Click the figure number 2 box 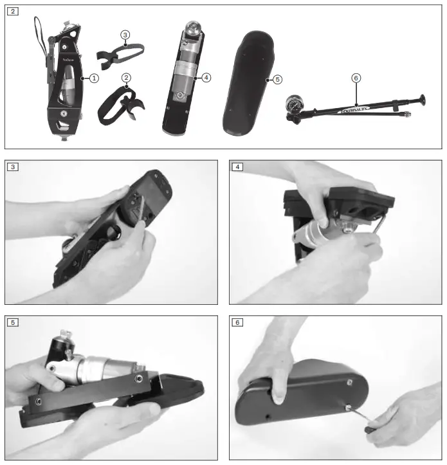tap(14, 12)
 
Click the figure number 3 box tap(14, 167)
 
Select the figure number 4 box tap(237, 167)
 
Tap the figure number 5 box tap(14, 322)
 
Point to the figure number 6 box tap(237, 322)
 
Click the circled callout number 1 tap(94, 78)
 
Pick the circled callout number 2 tap(126, 78)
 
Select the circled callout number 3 tap(125, 34)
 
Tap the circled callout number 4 tap(206, 77)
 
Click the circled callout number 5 tap(277, 79)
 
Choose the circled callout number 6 tap(356, 78)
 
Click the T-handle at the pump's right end tap(422, 101)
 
